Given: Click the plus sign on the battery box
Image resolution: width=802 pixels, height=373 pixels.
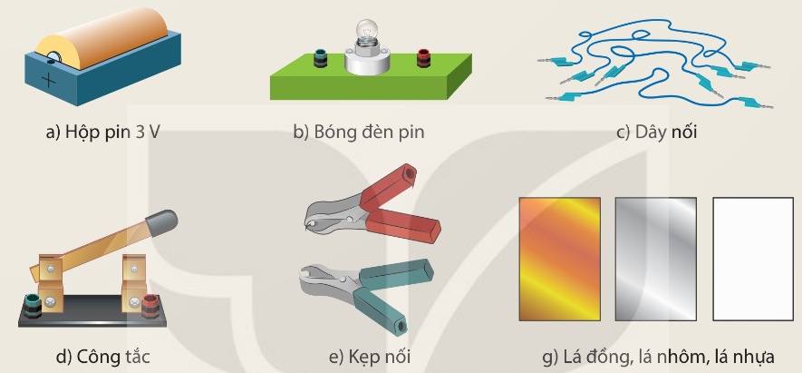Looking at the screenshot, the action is (x=49, y=81).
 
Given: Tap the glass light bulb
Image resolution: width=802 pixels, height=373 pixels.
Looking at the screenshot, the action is (x=365, y=33).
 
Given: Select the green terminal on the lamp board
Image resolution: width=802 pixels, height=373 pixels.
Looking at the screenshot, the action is (x=320, y=58).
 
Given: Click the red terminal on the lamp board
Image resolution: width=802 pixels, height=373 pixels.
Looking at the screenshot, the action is (x=424, y=58).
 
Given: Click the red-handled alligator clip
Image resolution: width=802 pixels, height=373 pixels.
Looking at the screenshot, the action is (x=372, y=207).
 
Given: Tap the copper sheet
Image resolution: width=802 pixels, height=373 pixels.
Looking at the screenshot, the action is (x=559, y=259).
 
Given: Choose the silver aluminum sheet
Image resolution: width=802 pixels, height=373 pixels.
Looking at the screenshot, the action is (x=656, y=259).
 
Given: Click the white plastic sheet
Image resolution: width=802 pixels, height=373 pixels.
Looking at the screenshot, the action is (x=753, y=259).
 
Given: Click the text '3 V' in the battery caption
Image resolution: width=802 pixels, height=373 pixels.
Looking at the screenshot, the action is (x=148, y=133).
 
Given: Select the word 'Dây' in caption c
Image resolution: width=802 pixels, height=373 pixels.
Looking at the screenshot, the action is (x=651, y=133).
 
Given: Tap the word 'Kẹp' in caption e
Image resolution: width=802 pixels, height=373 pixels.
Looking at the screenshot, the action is (x=361, y=357).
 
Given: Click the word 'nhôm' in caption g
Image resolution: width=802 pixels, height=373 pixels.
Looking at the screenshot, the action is (x=681, y=357).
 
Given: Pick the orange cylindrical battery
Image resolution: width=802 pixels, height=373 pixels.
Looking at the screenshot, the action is (x=102, y=37).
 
